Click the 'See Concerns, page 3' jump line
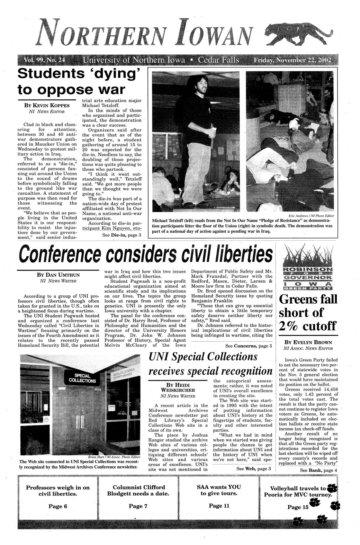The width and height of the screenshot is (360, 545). tap(249, 346)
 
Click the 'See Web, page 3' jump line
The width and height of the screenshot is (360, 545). tap(254, 469)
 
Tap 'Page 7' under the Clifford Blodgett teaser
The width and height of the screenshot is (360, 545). tap(138, 506)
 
